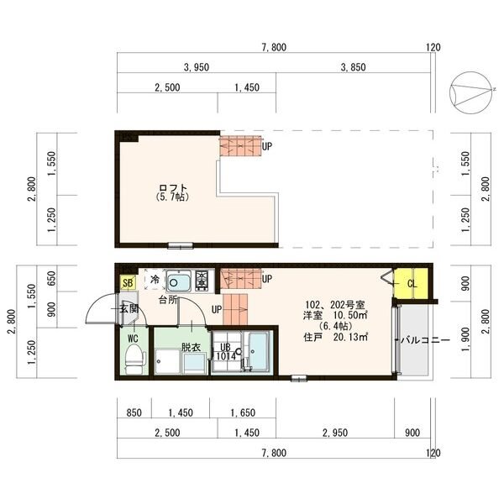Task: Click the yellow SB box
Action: [x=128, y=283]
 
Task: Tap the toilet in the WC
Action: [x=134, y=359]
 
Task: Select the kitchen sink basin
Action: [x=179, y=281]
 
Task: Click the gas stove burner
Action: [x=202, y=281]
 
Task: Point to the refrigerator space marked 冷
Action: [x=155, y=280]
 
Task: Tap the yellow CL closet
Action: [x=412, y=284]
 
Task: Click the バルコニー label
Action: [x=425, y=340]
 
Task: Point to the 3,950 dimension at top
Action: [x=197, y=67]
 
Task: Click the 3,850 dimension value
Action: [x=353, y=67]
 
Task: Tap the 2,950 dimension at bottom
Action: [x=335, y=433]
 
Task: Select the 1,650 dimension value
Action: [x=243, y=412]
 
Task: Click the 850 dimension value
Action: [x=134, y=412]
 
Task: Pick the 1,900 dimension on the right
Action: [x=465, y=339]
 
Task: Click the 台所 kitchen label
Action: [x=168, y=300]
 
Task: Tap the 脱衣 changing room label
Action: [x=191, y=347]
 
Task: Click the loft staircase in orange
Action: [x=240, y=146]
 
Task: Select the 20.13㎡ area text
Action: [x=350, y=337]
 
